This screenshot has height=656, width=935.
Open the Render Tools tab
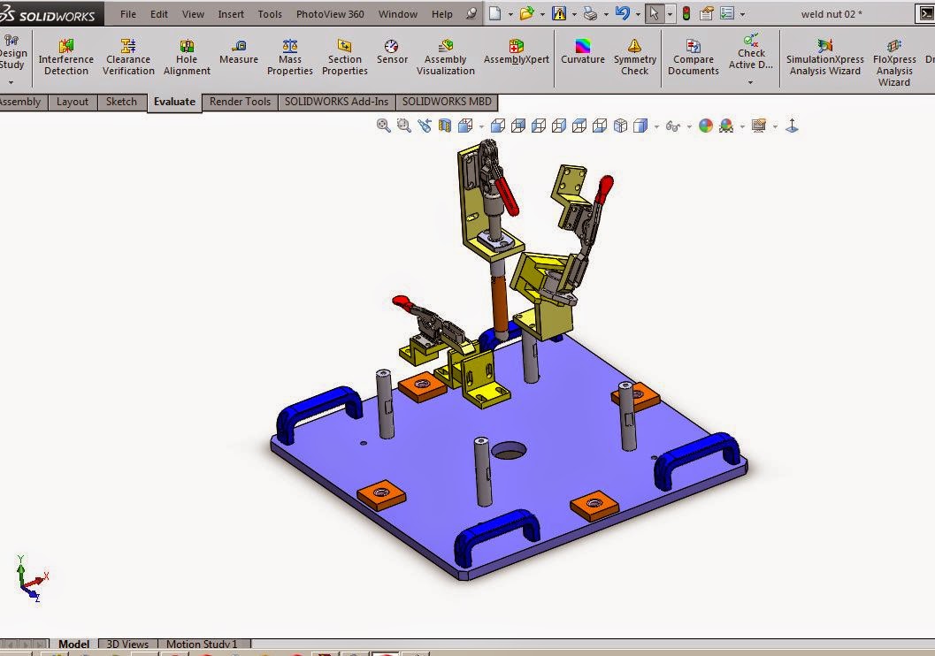pos(240,102)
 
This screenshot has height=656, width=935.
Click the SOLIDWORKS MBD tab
pos(447,102)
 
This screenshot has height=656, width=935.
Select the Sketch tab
pos(121,102)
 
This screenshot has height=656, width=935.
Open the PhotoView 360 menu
pos(330,14)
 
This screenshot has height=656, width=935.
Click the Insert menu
pos(231,14)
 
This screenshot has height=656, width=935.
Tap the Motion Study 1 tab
pos(202,645)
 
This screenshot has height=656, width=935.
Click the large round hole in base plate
pos(509,451)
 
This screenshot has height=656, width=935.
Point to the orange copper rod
pos(500,301)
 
